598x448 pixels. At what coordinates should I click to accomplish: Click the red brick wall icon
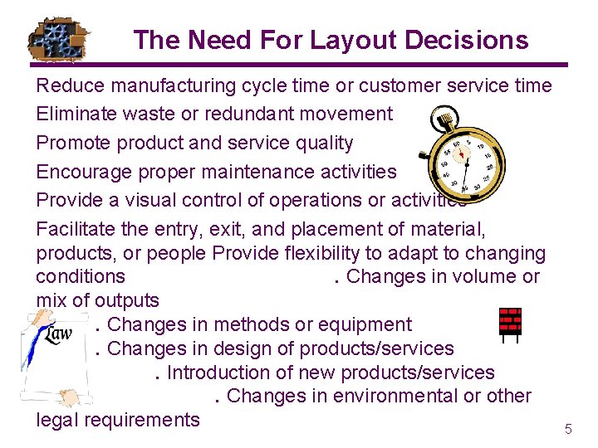[x=509, y=323]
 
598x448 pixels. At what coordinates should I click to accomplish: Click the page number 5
[x=568, y=430]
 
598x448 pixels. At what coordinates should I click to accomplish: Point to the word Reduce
[x=72, y=85]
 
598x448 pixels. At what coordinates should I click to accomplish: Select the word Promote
[x=74, y=143]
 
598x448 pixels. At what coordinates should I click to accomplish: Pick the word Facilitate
[x=76, y=229]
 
